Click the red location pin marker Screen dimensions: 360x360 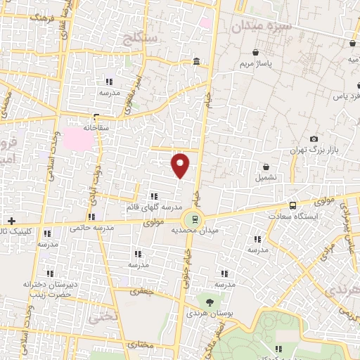coord(181,165)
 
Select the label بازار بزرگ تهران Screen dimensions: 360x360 coord(314,151)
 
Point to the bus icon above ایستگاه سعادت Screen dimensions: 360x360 coord(292,205)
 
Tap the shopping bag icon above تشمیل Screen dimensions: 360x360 coord(266,167)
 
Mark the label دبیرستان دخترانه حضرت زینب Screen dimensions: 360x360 coord(49,290)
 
